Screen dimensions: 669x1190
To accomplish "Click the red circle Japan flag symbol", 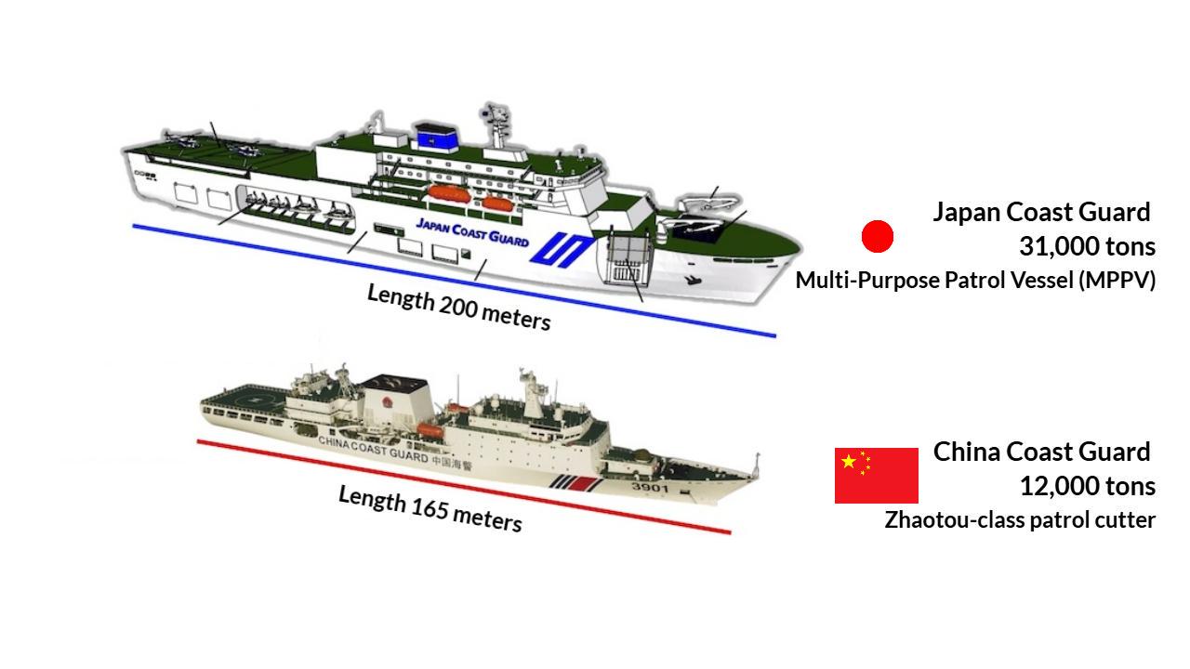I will (878, 237).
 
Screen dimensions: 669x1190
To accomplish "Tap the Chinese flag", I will (876, 475).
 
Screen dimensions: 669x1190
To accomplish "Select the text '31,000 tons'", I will (1087, 246).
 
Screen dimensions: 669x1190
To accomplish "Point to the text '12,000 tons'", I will (1087, 486).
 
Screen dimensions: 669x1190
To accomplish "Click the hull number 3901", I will (649, 487).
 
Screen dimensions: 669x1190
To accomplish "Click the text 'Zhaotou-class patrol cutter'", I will (1020, 519).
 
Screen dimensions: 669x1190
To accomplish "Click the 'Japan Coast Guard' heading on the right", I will (1041, 212).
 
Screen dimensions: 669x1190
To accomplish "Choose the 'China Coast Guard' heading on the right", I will (1041, 452).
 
